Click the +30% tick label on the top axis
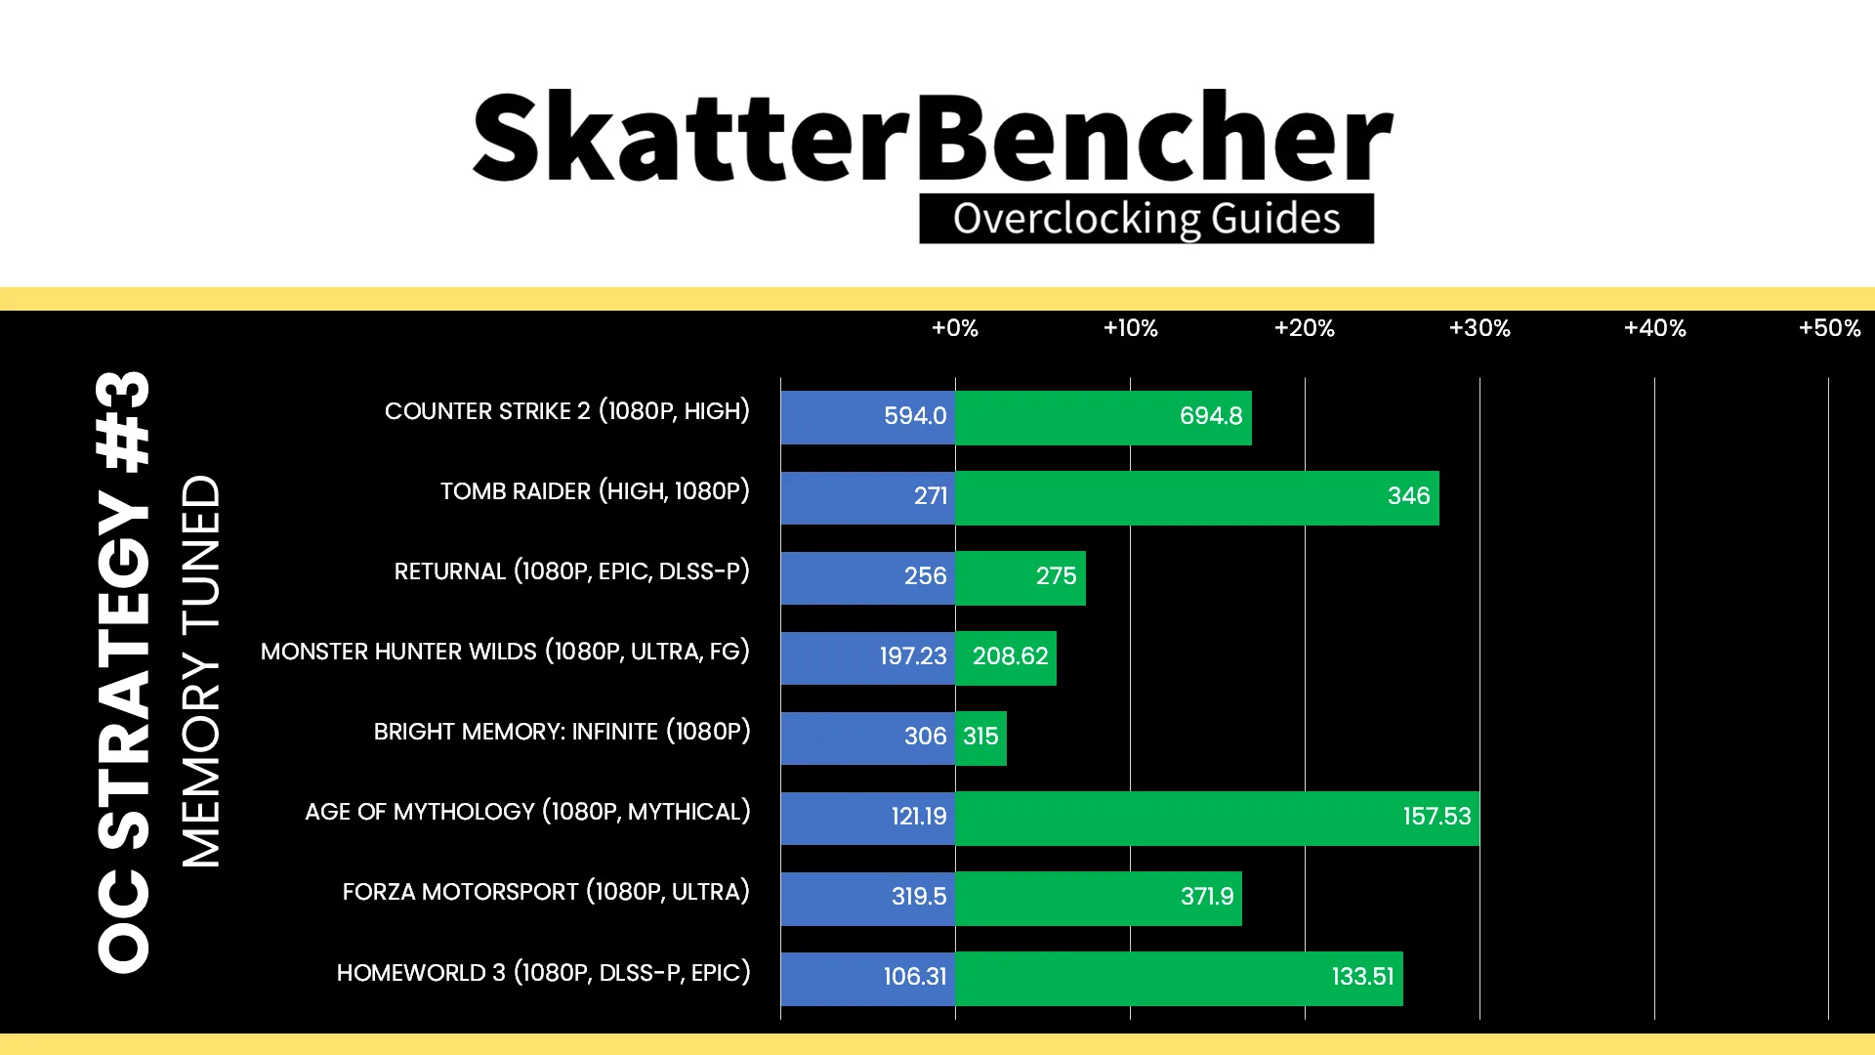(1479, 328)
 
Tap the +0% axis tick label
(955, 328)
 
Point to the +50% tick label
(1830, 328)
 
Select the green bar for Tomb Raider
(1197, 497)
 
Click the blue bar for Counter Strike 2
(868, 417)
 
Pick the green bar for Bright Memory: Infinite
(981, 738)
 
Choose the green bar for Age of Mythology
(1218, 818)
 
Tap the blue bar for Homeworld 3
(868, 978)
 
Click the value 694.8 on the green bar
(1211, 416)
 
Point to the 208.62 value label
(1010, 656)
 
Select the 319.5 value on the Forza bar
(919, 897)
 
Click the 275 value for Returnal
(1056, 576)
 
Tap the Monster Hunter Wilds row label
(505, 652)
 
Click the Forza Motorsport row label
(546, 892)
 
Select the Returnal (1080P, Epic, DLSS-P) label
(571, 571)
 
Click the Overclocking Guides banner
(1146, 219)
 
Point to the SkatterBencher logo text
(933, 137)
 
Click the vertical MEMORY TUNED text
(201, 671)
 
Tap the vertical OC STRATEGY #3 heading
(124, 672)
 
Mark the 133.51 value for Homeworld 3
(1362, 977)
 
